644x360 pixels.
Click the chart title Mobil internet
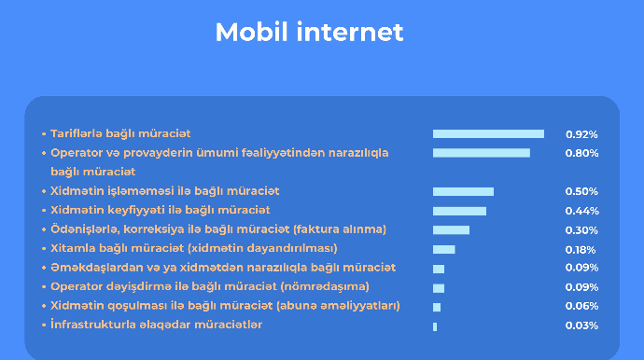pyautogui.click(x=309, y=32)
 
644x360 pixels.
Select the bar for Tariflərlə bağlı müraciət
pyautogui.click(x=488, y=134)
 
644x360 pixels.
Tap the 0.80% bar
pyautogui.click(x=481, y=153)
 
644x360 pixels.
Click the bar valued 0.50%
pyautogui.click(x=463, y=191)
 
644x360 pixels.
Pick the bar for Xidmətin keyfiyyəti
pyautogui.click(x=459, y=211)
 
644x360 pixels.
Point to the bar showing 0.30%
pyautogui.click(x=451, y=229)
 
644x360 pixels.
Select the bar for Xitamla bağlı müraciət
pyautogui.click(x=443, y=249)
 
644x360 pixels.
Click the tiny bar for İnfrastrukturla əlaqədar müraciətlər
pyautogui.click(x=435, y=326)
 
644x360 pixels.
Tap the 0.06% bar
pyautogui.click(x=437, y=307)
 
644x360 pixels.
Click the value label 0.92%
pyautogui.click(x=581, y=134)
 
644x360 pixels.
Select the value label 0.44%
pyautogui.click(x=581, y=211)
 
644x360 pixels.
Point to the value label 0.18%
pyautogui.click(x=581, y=249)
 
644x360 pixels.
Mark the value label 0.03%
pyautogui.click(x=581, y=325)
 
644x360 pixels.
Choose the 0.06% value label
pyautogui.click(x=581, y=307)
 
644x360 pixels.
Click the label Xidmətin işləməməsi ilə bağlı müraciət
pyautogui.click(x=164, y=190)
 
